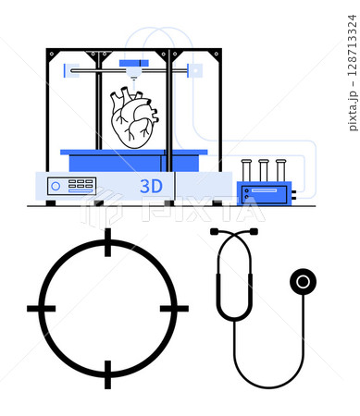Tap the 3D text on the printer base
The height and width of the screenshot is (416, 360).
click(151, 186)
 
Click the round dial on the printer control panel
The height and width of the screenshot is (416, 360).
click(56, 186)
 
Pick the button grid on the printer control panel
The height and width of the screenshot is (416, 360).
click(82, 185)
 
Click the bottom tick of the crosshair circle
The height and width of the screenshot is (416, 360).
click(107, 374)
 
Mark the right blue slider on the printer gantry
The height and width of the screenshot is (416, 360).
click(196, 69)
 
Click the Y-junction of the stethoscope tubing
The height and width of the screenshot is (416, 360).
click(234, 318)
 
